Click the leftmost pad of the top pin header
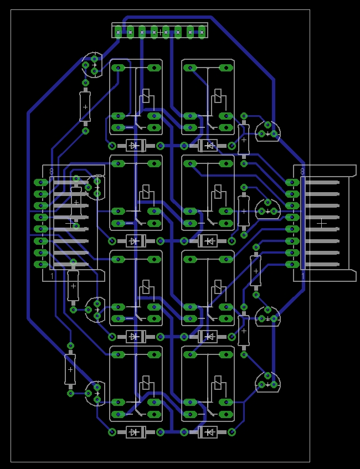click(118, 32)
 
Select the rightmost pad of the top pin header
click(202, 32)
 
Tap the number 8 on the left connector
click(52, 172)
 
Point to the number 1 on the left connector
click(52, 276)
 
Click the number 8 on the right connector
click(302, 172)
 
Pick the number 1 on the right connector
click(303, 276)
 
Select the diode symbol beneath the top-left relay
click(136, 146)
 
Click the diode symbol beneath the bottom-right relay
click(208, 432)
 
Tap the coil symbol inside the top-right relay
click(218, 96)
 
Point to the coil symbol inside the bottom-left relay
click(146, 383)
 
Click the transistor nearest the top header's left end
click(92, 65)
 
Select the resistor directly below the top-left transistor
click(85, 107)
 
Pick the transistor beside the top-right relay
click(268, 131)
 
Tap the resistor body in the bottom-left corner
click(70, 370)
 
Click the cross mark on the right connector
click(322, 223)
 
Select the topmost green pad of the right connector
click(292, 182)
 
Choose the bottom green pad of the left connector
click(41, 265)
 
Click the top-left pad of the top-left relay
click(118, 68)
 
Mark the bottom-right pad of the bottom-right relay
click(226, 414)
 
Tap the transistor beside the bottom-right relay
click(268, 382)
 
